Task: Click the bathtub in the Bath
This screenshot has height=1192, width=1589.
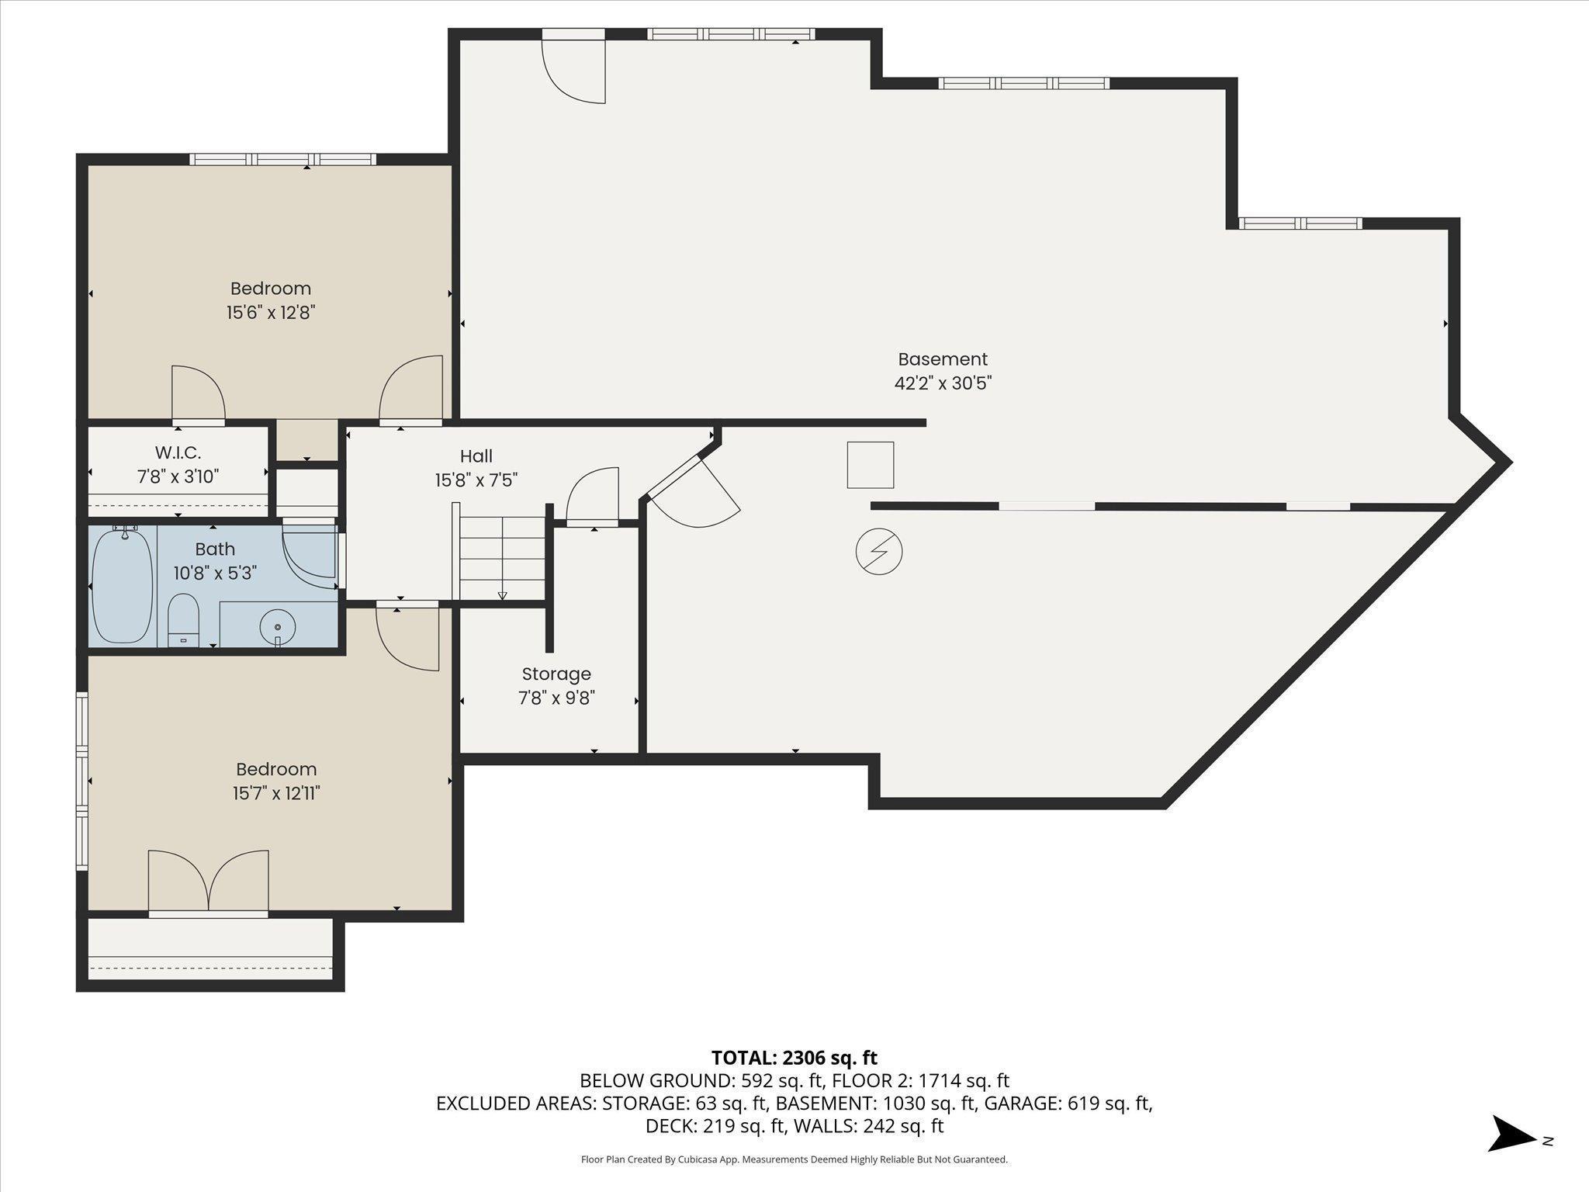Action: pyautogui.click(x=123, y=586)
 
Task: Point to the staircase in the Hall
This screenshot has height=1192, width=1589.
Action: pyautogui.click(x=502, y=550)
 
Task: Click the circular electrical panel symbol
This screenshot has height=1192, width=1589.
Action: pyautogui.click(x=879, y=553)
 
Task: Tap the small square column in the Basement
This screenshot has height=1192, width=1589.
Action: pyautogui.click(x=871, y=465)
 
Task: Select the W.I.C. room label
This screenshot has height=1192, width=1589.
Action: pyautogui.click(x=178, y=452)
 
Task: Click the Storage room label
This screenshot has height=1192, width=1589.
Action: pyautogui.click(x=556, y=674)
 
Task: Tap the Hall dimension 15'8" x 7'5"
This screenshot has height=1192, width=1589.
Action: pyautogui.click(x=476, y=480)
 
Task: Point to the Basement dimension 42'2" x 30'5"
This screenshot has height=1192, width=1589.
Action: pyautogui.click(x=943, y=383)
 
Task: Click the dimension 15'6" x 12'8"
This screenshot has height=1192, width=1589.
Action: pyautogui.click(x=271, y=313)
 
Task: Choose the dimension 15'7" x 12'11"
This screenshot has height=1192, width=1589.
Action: pyautogui.click(x=277, y=793)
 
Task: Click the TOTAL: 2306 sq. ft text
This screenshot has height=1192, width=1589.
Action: pyautogui.click(x=794, y=1058)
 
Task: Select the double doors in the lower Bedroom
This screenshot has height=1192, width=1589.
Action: pyautogui.click(x=208, y=882)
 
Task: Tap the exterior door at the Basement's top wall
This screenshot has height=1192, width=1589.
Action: pyautogui.click(x=573, y=68)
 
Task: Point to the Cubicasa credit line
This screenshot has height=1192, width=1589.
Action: pyautogui.click(x=794, y=1159)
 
